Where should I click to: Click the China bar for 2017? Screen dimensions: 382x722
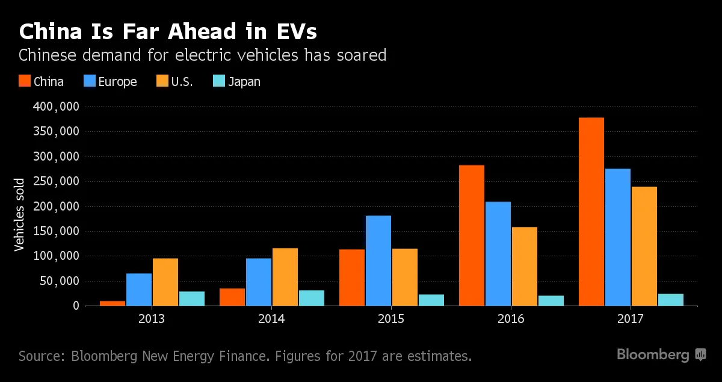coord(591,212)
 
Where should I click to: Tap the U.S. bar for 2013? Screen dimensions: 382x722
coord(165,282)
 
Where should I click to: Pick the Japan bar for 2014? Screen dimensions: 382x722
coord(311,298)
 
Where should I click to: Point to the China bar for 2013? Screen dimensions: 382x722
coord(112,303)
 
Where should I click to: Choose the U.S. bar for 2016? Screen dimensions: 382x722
coord(524,266)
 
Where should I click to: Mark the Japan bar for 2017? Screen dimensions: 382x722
coord(670,300)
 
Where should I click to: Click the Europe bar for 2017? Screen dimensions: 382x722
coord(617,237)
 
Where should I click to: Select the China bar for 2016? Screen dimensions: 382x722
coord(471,235)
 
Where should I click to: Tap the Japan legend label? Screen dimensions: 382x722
coord(244,82)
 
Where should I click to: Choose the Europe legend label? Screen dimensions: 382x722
coord(117,82)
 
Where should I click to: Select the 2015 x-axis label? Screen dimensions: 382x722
coord(391,319)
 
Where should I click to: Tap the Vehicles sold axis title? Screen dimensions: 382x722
coord(19,214)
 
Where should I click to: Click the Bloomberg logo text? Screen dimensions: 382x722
coord(653,355)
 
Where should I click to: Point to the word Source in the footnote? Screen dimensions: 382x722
coord(41,356)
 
